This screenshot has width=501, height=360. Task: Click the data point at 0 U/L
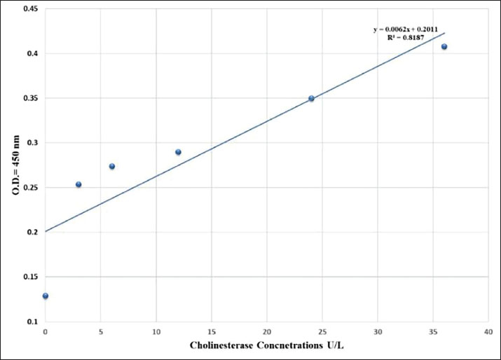point(46,296)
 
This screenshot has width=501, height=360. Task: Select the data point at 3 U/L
point(78,184)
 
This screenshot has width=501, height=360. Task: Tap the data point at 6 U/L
point(112,167)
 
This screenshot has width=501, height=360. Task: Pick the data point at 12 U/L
point(178,152)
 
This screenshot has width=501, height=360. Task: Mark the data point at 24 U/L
point(311,99)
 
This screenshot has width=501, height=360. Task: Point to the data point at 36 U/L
point(444,47)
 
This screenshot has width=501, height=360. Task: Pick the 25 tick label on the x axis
point(322,331)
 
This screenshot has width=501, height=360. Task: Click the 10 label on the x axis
point(156,331)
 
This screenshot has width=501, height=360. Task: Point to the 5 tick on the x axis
point(101,331)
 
